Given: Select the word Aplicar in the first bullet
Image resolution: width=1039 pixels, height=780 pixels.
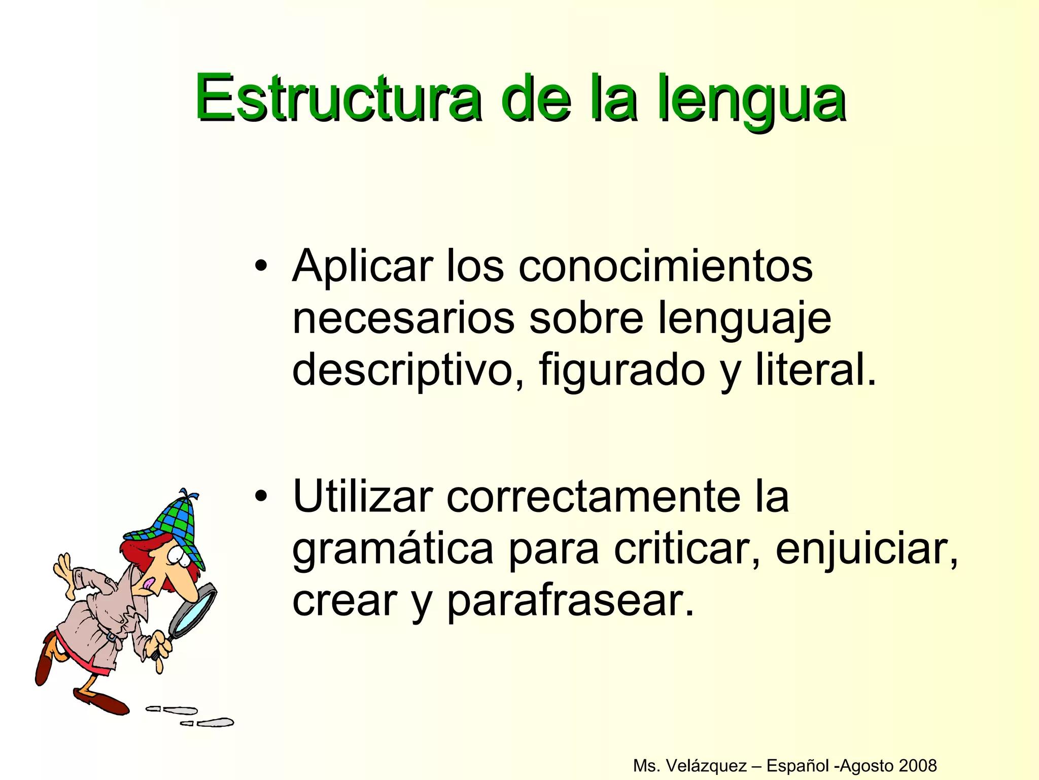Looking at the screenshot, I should click(x=363, y=267).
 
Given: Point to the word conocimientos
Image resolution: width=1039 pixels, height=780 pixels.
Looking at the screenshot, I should click(x=665, y=267).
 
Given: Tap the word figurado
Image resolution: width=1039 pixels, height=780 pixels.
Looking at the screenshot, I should click(x=622, y=370).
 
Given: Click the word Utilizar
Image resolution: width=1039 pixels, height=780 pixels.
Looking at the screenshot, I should click(x=363, y=497).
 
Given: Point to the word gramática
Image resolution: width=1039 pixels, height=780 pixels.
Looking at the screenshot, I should click(x=393, y=549).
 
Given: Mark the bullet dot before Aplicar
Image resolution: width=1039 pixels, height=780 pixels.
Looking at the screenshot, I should click(x=261, y=266).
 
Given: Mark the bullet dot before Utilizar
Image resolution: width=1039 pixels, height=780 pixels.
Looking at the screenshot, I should click(x=261, y=496).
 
